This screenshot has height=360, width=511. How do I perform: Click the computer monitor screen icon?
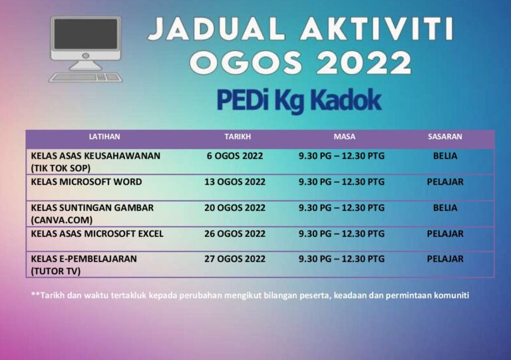pyautogui.click(x=85, y=39)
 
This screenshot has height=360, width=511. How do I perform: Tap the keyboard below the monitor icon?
pyautogui.click(x=85, y=77)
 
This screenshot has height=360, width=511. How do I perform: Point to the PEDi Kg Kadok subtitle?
pyautogui.click(x=299, y=100)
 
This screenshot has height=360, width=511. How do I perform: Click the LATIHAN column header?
pyautogui.click(x=104, y=137)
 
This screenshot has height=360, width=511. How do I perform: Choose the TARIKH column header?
pyautogui.click(x=238, y=137)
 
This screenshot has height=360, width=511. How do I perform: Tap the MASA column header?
pyautogui.click(x=344, y=137)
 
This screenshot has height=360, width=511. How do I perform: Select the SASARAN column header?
pyautogui.click(x=444, y=137)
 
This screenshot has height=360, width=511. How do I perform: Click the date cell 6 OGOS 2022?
pyautogui.click(x=235, y=156)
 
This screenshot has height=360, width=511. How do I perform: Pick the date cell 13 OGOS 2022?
pyautogui.click(x=235, y=182)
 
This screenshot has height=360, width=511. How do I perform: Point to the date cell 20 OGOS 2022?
pyautogui.click(x=235, y=208)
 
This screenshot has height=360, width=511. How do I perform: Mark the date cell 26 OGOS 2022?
pyautogui.click(x=235, y=234)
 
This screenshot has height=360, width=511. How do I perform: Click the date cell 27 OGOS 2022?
pyautogui.click(x=235, y=259)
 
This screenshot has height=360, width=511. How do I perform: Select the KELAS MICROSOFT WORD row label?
pyautogui.click(x=86, y=182)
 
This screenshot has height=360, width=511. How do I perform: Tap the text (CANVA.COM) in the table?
pyautogui.click(x=62, y=220)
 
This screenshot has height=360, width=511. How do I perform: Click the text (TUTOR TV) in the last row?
pyautogui.click(x=55, y=271)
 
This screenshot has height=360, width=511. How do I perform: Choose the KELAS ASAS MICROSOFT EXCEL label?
pyautogui.click(x=97, y=234)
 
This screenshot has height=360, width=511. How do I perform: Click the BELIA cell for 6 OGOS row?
pyautogui.click(x=445, y=156)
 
